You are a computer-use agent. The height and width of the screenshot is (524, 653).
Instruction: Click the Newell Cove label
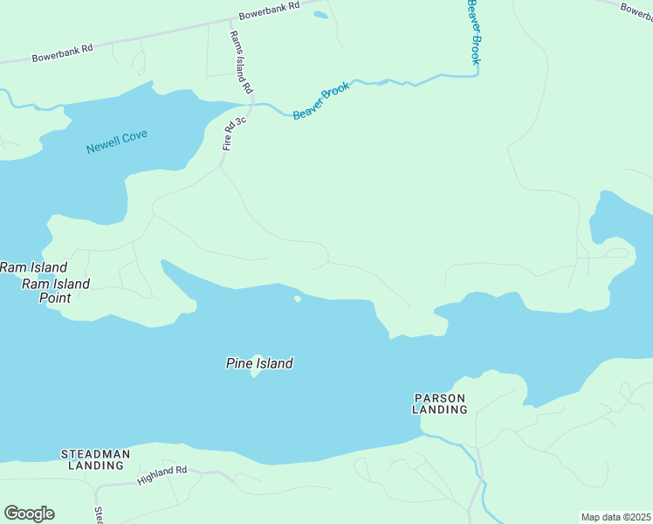coord(117,141)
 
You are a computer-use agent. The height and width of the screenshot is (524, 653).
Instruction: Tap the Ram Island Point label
coord(56,291)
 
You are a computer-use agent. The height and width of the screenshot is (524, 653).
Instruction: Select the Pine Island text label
coord(259,363)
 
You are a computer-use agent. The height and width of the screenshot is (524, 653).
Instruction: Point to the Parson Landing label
coord(440,403)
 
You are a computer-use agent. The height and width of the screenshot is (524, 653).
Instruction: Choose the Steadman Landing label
coord(95,459)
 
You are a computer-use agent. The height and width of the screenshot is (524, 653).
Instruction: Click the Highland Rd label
coord(162,475)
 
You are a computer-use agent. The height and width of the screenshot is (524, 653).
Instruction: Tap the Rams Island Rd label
coord(240,62)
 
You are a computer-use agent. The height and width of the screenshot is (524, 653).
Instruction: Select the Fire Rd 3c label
coord(234,132)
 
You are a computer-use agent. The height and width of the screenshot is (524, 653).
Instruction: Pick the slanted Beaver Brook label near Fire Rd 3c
coord(321,100)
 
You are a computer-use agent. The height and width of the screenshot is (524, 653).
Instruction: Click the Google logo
coord(29,514)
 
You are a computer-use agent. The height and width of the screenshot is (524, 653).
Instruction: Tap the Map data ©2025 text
coord(616,517)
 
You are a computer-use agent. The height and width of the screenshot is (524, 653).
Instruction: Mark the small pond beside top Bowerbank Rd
coord(320,15)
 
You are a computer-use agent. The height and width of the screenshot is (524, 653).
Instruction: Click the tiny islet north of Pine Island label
coord(298,299)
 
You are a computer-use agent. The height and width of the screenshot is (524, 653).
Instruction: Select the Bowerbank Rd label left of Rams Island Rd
coord(62,52)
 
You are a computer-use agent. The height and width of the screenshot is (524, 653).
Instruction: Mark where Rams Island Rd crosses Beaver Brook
coord(252,104)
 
